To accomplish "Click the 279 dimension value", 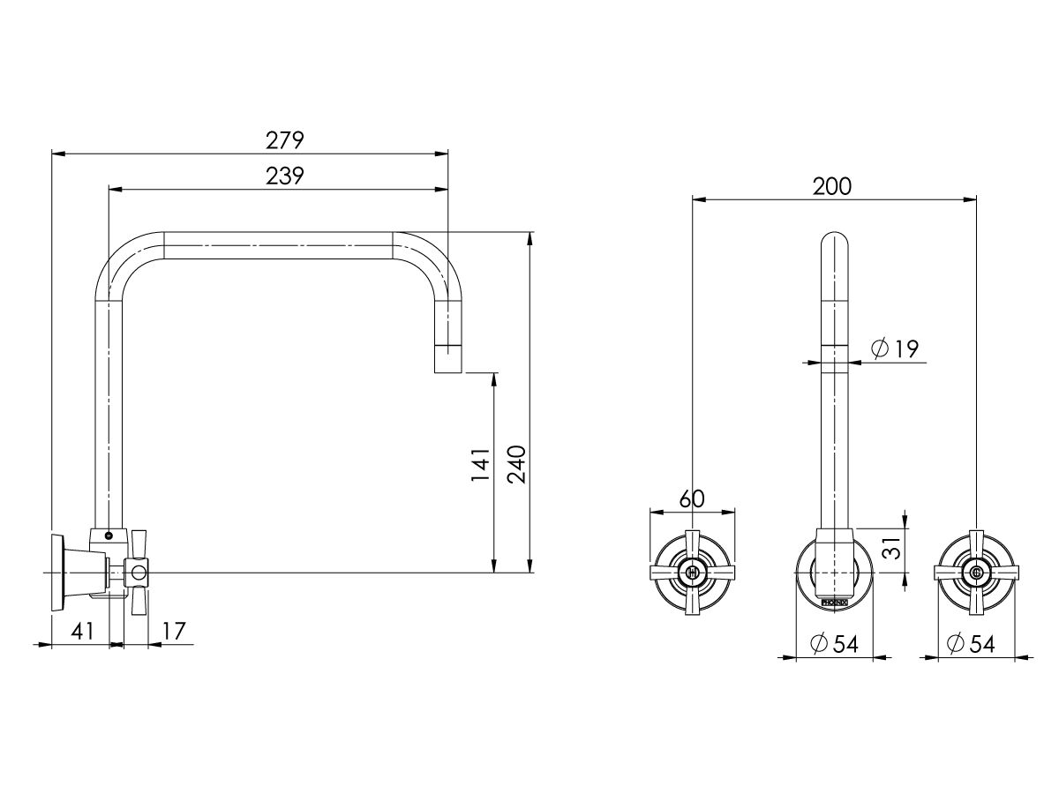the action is pyautogui.click(x=284, y=140).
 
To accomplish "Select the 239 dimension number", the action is pyautogui.click(x=284, y=176).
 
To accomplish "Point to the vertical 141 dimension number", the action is pyautogui.click(x=480, y=465).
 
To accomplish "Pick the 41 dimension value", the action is pyautogui.click(x=81, y=631).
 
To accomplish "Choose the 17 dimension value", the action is pyautogui.click(x=174, y=631).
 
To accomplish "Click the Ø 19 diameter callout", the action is pyautogui.click(x=894, y=349).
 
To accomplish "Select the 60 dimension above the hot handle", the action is pyautogui.click(x=692, y=498).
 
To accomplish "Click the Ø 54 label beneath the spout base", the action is pyautogui.click(x=832, y=644).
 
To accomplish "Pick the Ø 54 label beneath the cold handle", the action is pyautogui.click(x=970, y=644).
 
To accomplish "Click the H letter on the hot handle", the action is pyautogui.click(x=692, y=573).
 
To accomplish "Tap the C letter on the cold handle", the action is pyautogui.click(x=976, y=573).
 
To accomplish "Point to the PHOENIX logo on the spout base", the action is pyautogui.click(x=833, y=602).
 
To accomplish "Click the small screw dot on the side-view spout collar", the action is pyautogui.click(x=109, y=535).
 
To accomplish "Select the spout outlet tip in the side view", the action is pyautogui.click(x=449, y=362).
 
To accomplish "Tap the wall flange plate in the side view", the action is pyautogui.click(x=59, y=573).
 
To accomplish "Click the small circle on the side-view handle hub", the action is pyautogui.click(x=138, y=573).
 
